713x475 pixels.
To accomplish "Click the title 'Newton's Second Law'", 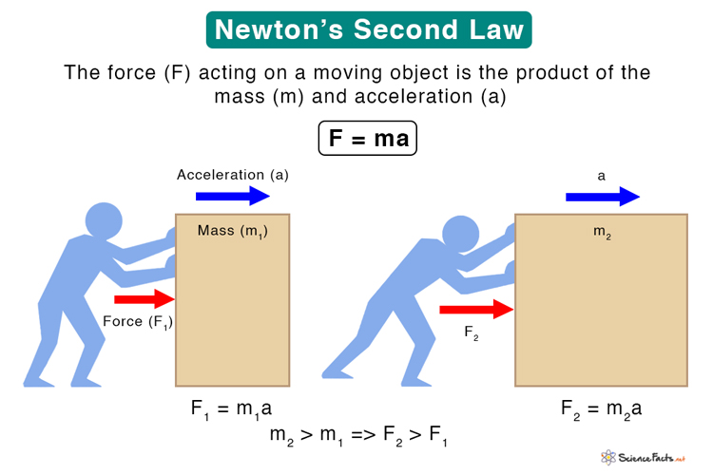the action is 369,30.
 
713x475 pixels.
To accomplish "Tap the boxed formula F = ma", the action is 367,138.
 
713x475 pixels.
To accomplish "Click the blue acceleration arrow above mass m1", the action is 233,197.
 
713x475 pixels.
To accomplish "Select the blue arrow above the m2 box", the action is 603,197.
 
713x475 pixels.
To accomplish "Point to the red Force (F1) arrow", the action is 145,298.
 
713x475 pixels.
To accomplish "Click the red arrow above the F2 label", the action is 476,309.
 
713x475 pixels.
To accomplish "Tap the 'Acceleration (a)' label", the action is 232,175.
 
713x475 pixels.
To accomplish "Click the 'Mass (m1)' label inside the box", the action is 232,231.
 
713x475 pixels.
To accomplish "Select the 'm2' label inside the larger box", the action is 602,232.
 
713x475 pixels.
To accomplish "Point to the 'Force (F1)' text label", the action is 138,322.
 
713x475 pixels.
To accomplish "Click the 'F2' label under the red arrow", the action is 472,333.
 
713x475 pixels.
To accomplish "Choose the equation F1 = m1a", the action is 231,409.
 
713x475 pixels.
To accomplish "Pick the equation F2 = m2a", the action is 601,409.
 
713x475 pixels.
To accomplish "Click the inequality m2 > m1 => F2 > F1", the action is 358,435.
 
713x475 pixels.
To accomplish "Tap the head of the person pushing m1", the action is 104,220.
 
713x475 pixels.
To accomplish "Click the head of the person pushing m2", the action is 460,234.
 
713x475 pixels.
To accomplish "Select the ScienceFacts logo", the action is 643,457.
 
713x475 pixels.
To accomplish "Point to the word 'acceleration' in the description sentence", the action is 414,96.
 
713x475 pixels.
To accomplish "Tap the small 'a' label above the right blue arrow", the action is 601,176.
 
